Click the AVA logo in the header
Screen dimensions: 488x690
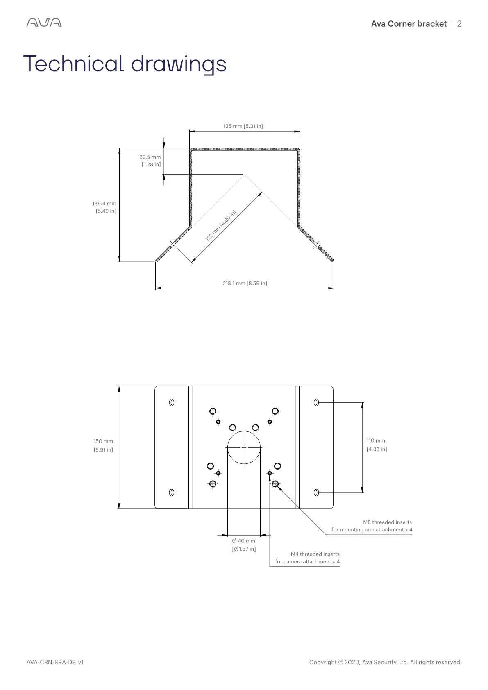coord(44,23)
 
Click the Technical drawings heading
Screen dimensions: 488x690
coord(125,64)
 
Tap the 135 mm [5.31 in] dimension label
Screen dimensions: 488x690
coord(243,126)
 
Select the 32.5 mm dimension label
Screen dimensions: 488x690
coord(150,161)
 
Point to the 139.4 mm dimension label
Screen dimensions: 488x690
coord(104,207)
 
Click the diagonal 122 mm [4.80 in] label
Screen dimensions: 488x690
coord(220,225)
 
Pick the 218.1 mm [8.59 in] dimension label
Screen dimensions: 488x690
coord(245,283)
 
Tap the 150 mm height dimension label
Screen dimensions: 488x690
coord(103,445)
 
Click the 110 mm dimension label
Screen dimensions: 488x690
coord(377,445)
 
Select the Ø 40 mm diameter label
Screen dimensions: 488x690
coord(244,545)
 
